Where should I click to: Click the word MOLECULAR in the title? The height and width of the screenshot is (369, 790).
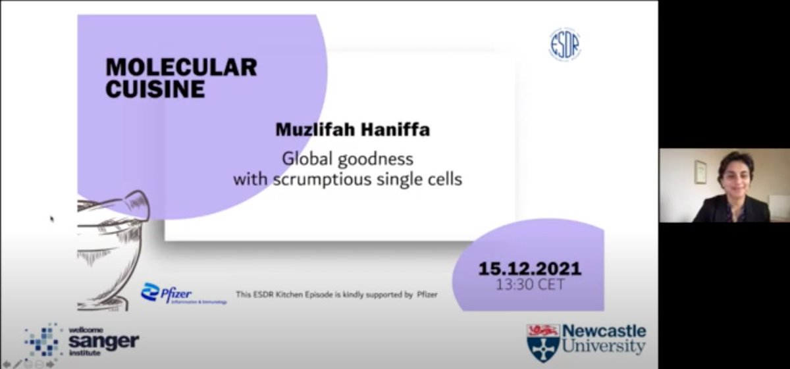[181, 67]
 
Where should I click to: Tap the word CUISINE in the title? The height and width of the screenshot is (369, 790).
[155, 88]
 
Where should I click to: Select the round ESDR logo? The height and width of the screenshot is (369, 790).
[565, 45]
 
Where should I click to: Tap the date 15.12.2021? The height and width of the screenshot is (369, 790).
[529, 269]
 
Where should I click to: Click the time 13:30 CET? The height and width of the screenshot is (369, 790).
[530, 285]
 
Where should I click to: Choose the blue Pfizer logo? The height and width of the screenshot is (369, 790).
[167, 293]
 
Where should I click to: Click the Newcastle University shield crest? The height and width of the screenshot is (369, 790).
[543, 342]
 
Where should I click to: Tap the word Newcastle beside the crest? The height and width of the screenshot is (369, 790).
[605, 332]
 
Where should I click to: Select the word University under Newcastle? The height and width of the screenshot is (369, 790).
[605, 347]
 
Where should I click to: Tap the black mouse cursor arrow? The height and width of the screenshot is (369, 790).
[51, 218]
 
